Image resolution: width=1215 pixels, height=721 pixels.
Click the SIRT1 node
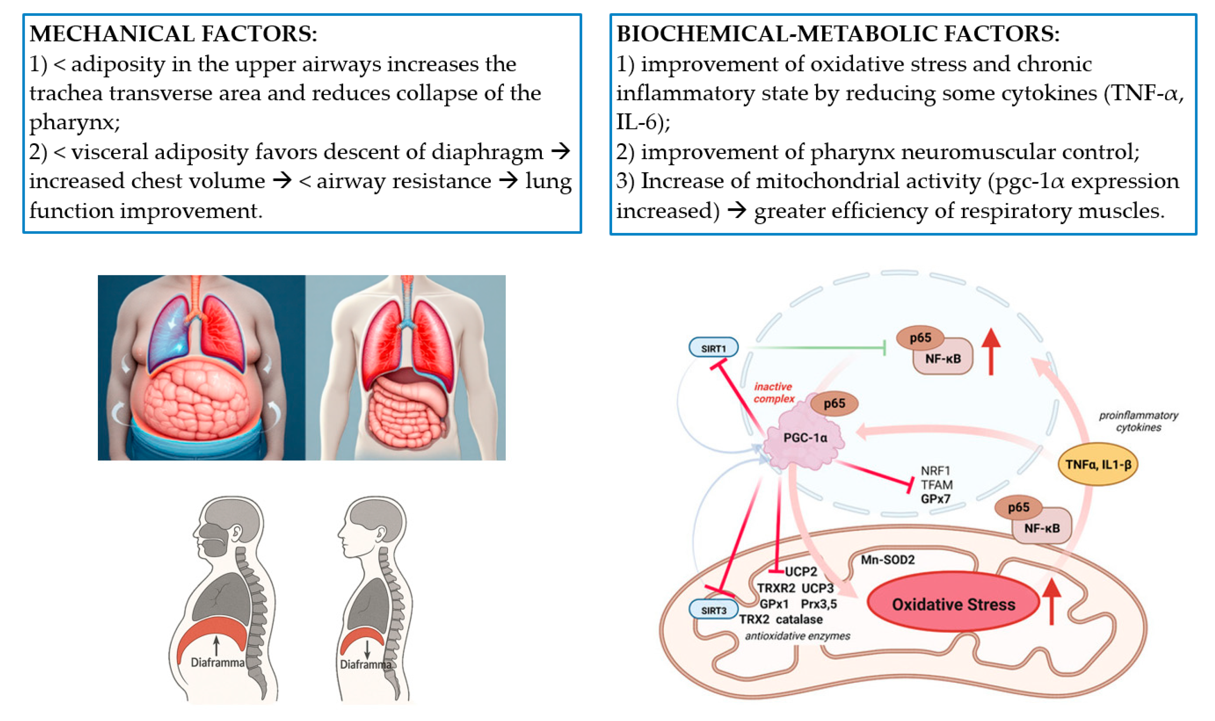point(713,348)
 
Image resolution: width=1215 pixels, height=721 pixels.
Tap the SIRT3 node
point(713,610)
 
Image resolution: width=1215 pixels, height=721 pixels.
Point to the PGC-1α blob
point(804,438)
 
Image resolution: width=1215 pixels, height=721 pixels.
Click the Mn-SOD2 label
point(887,560)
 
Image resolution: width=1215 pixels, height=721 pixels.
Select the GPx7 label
point(935,498)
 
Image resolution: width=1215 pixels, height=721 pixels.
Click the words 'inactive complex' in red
point(773,393)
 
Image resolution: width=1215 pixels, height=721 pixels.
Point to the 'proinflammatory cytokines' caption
point(1138,421)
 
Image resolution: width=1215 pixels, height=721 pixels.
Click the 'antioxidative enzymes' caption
point(797,636)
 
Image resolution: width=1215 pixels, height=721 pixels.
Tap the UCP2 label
point(801,571)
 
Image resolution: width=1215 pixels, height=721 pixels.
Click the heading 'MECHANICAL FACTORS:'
point(173,34)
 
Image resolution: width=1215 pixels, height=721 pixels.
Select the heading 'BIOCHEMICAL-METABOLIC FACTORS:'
point(837,34)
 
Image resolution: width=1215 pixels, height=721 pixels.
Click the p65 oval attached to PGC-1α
point(834,403)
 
